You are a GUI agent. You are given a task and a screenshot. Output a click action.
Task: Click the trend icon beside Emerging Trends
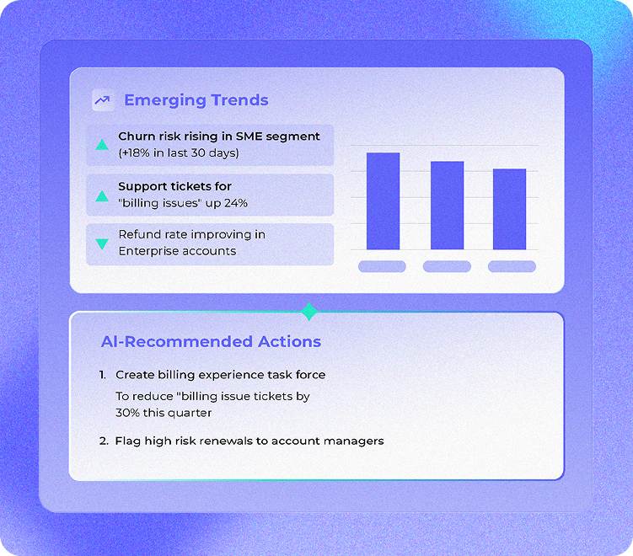(103, 100)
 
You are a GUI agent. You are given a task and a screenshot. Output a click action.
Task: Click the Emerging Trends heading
(196, 100)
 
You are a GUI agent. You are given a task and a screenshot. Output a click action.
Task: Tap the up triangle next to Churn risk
(102, 145)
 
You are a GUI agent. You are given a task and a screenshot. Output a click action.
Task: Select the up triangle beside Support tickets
(102, 195)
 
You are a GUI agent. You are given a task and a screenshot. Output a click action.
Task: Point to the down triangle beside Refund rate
(102, 243)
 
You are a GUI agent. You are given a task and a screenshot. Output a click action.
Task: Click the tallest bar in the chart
(383, 201)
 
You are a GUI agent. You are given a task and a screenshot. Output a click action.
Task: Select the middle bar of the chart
(447, 206)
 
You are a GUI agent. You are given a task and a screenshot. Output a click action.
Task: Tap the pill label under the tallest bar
(382, 267)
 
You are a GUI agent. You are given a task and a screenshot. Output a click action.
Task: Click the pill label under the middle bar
(447, 267)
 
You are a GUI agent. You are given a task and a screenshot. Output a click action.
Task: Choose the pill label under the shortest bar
(512, 267)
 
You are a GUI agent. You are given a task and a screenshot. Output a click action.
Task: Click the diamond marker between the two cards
(309, 312)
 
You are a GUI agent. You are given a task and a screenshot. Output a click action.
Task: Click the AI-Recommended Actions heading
(211, 342)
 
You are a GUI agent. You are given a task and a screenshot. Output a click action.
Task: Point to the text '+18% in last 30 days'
(179, 152)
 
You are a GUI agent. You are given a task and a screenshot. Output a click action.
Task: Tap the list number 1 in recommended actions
(102, 375)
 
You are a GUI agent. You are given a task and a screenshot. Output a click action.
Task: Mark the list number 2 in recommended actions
(103, 441)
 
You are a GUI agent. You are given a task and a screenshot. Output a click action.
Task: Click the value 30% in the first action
(128, 414)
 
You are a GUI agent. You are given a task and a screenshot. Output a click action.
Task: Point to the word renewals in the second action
(217, 441)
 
